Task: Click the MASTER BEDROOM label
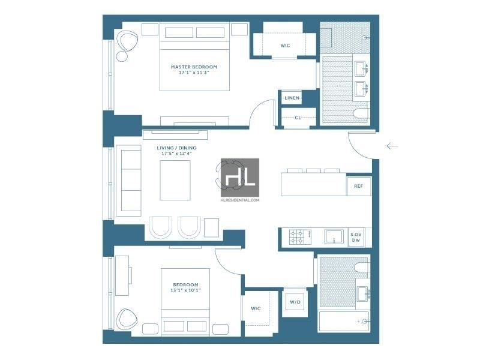(194, 67)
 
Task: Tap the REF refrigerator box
(358, 186)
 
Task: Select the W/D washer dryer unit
(295, 302)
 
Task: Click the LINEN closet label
(292, 98)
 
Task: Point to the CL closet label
(298, 118)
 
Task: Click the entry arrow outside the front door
(392, 146)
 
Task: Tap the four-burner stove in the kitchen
(300, 237)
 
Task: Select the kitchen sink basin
(334, 237)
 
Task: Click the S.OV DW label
(356, 237)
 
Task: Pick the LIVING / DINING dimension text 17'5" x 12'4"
(176, 154)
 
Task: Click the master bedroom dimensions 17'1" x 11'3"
(194, 73)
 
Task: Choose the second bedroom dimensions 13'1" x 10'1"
(185, 290)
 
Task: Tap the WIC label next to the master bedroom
(285, 46)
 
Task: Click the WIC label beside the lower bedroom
(256, 308)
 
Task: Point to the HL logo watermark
(240, 178)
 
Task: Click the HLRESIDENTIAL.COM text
(240, 200)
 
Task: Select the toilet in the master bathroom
(361, 113)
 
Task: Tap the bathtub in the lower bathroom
(344, 322)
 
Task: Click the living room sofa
(128, 181)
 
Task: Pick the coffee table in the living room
(175, 181)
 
